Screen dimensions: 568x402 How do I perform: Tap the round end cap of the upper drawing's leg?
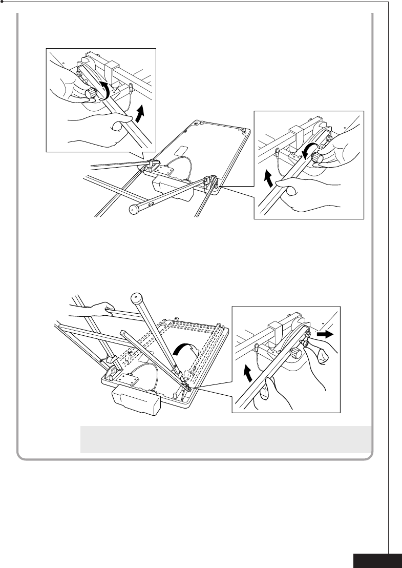coord(134,209)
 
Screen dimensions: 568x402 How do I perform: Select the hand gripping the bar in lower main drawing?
coord(92,309)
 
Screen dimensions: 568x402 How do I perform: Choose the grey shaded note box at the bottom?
coord(225,439)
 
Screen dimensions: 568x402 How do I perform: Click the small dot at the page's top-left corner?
coord(3,2)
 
